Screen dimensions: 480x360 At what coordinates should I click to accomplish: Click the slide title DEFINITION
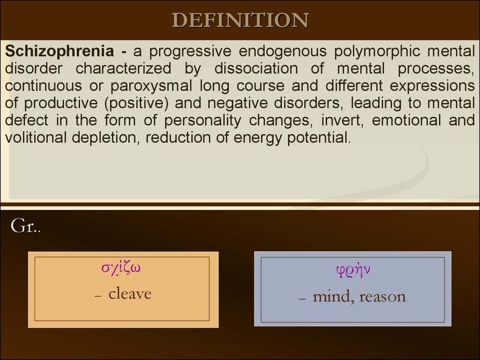[240, 21]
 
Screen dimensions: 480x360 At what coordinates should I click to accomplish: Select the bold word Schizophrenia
[60, 51]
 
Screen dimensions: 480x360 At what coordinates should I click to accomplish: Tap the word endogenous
[283, 51]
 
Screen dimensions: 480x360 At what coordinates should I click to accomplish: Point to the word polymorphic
[377, 51]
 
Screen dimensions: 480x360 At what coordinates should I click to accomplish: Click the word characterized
[123, 68]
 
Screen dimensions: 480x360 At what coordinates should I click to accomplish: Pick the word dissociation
[256, 68]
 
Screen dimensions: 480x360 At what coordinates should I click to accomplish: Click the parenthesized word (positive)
[136, 103]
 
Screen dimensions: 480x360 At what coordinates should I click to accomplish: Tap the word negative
[238, 103]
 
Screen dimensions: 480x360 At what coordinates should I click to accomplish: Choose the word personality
[202, 120]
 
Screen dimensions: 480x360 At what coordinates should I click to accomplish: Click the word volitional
[36, 137]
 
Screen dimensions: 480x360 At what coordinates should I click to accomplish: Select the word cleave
[130, 293]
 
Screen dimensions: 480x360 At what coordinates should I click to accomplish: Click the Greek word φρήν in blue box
[353, 270]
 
